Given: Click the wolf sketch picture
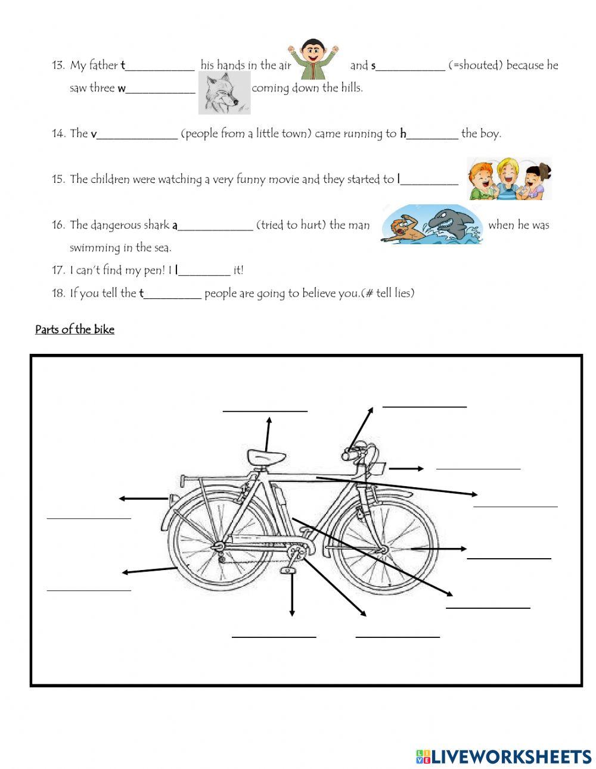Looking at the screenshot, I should pyautogui.click(x=224, y=93).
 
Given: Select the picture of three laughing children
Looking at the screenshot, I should pyautogui.click(x=508, y=179).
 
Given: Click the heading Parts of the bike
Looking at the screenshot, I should pyautogui.click(x=74, y=329).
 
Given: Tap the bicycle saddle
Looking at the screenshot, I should pyautogui.click(x=266, y=457).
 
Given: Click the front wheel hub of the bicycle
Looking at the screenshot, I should pyautogui.click(x=384, y=549).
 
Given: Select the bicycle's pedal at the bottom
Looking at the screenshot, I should pyautogui.click(x=288, y=571).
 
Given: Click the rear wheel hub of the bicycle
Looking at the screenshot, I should pyautogui.click(x=218, y=546).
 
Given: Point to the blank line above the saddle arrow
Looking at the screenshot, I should pyautogui.click(x=265, y=410).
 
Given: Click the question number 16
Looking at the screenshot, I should pyautogui.click(x=58, y=225).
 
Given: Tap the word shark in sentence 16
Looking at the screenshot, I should pyautogui.click(x=157, y=225).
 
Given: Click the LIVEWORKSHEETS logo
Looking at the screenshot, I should pyautogui.click(x=504, y=756).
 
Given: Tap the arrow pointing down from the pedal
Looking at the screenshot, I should pyautogui.click(x=292, y=596).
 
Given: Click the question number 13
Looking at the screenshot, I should pyautogui.click(x=58, y=66).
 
